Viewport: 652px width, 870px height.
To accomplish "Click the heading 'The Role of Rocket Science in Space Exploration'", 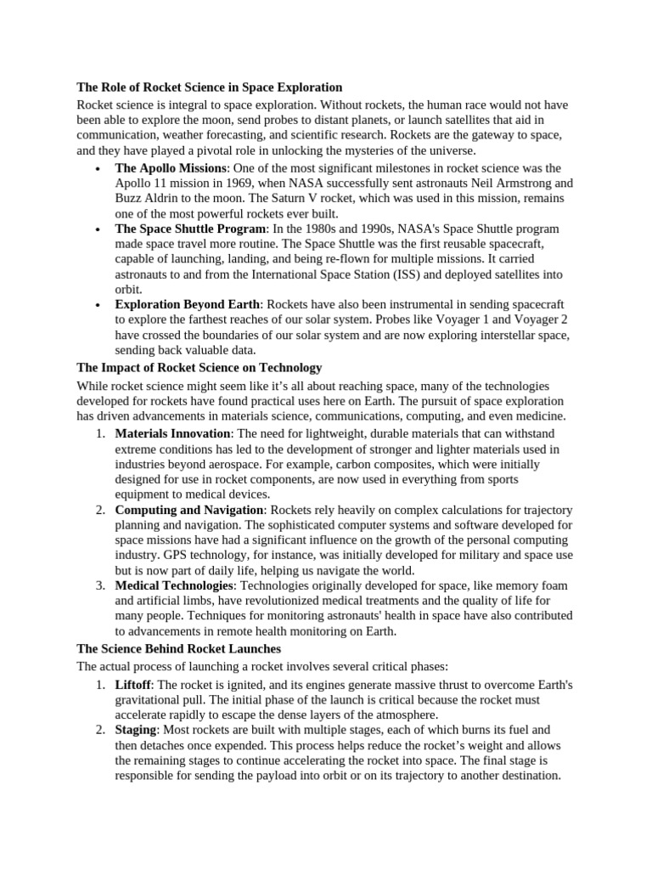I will click(210, 88).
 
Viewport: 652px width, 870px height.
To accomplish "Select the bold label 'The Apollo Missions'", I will click(171, 168).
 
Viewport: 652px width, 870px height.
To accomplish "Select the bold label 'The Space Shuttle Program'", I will click(191, 229).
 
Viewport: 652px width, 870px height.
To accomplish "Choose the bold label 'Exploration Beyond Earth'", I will click(188, 304).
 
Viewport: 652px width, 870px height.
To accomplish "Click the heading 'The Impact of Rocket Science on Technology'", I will click(200, 368).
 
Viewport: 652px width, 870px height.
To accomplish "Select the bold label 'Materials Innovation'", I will click(172, 434).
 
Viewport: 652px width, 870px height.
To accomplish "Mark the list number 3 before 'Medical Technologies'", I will click(98, 586).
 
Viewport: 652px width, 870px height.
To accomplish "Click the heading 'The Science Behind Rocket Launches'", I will click(179, 649).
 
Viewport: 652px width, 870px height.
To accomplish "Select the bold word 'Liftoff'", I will click(132, 685).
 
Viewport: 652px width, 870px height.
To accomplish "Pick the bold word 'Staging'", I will click(136, 730).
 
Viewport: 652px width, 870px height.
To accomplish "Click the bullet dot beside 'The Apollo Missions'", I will click(99, 169).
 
